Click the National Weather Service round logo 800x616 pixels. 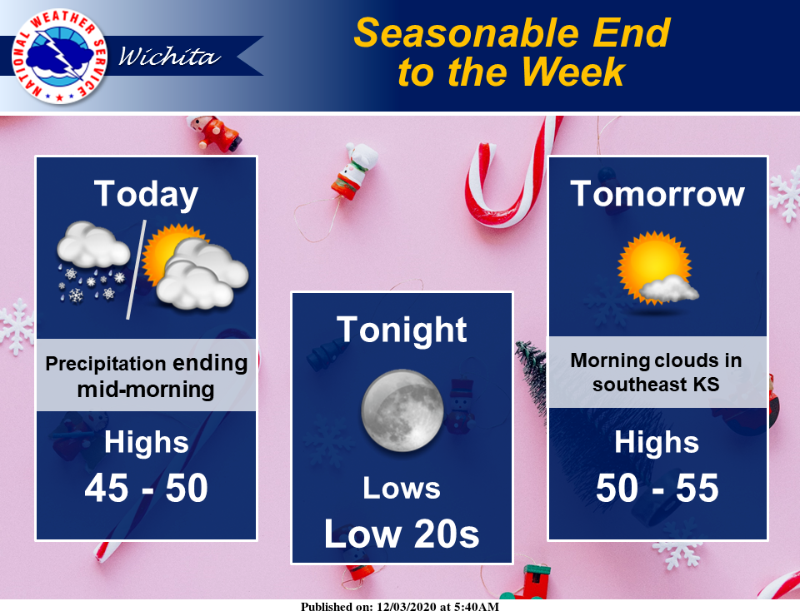(x=59, y=56)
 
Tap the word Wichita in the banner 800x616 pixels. (x=169, y=56)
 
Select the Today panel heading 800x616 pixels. (x=146, y=195)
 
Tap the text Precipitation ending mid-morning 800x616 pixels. (x=146, y=376)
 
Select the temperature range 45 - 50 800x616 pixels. (x=146, y=488)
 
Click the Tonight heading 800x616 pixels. (x=402, y=330)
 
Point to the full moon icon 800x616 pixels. (x=402, y=410)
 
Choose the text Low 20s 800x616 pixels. (x=402, y=534)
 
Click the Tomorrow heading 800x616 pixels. (x=657, y=194)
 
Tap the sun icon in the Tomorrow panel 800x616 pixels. (x=657, y=268)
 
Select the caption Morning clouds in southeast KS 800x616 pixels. (x=656, y=372)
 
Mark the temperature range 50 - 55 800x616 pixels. (x=657, y=488)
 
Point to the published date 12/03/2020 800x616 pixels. (x=407, y=607)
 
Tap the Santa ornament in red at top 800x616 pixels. (x=214, y=132)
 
